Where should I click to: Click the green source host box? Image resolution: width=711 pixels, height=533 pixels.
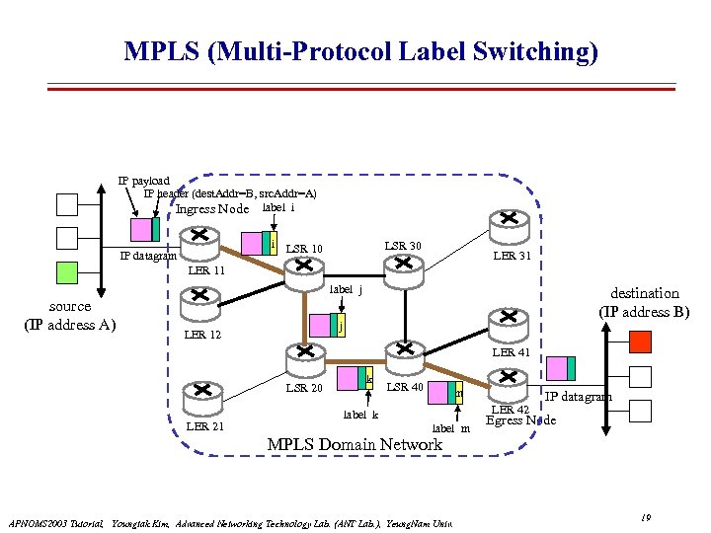click(66, 272)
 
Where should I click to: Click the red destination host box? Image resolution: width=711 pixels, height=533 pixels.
click(640, 343)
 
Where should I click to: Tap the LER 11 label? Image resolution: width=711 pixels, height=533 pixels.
click(206, 270)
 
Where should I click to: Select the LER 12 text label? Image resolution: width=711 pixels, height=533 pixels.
click(202, 336)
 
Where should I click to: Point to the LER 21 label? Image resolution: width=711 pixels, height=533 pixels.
click(204, 425)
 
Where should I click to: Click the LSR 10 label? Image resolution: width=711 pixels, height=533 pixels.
click(304, 249)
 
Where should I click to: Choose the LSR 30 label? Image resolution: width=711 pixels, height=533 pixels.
click(402, 246)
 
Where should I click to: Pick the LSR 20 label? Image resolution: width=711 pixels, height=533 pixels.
click(304, 388)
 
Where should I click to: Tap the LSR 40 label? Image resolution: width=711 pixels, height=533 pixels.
click(405, 387)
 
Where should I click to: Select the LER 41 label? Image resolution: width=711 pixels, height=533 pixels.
click(512, 352)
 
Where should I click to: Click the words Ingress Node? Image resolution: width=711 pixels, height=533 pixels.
click(212, 208)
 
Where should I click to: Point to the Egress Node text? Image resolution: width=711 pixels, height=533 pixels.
click(520, 420)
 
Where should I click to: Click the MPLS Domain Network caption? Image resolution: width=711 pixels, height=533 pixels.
click(355, 444)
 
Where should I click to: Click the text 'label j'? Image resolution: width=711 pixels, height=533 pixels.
click(346, 290)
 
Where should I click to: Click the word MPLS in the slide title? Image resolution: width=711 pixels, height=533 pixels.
click(161, 50)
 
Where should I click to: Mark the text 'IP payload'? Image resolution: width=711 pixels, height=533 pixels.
click(144, 181)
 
